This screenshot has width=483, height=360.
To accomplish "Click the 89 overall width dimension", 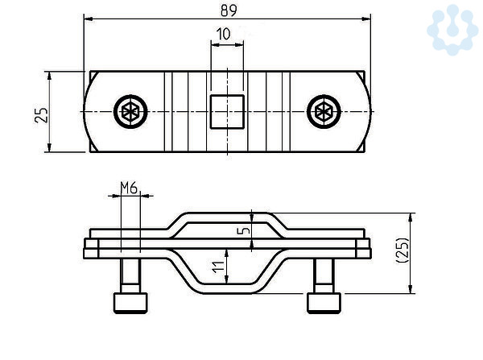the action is (229, 10).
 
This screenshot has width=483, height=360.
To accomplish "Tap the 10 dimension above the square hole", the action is (224, 34).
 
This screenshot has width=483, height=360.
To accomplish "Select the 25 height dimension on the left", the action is (42, 115).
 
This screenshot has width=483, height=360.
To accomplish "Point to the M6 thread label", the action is (129, 188).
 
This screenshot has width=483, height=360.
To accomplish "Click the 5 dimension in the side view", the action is (244, 230).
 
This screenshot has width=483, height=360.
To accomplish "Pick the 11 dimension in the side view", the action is (218, 267).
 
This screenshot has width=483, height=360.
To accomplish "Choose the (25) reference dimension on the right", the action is (402, 250).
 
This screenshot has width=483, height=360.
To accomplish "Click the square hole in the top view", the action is (227, 112).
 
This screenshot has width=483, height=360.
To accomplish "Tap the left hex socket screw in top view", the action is (130, 112).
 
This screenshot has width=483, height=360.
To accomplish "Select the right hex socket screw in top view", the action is (324, 112).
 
